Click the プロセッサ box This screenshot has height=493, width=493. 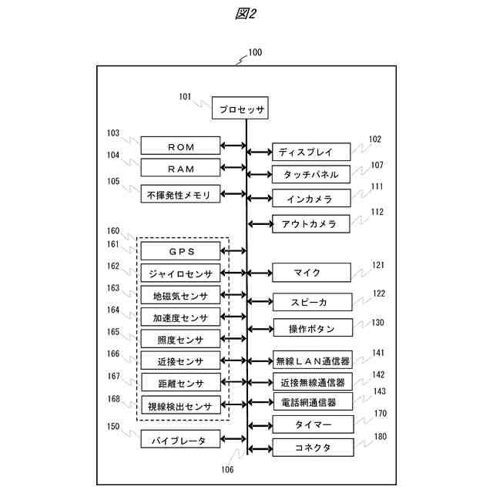coord(240,109)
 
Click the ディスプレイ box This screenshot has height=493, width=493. coord(311,152)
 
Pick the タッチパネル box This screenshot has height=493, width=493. coord(311,175)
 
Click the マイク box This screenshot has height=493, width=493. coord(311,273)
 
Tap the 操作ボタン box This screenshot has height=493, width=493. coord(311,328)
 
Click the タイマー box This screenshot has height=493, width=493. coord(311,424)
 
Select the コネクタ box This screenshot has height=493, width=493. coord(311,448)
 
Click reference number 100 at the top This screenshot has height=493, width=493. coord(253,53)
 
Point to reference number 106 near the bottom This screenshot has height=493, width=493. coord(227,468)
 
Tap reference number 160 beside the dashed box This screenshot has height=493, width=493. coord(113,230)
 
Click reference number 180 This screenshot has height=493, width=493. coord(379,437)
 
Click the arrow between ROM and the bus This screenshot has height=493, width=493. coord(233,146)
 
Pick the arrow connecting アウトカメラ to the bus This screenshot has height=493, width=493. coord(260,224)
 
